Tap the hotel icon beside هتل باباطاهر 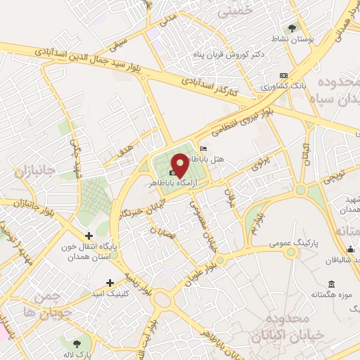[x=204, y=148]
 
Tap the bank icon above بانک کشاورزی [x=283, y=75]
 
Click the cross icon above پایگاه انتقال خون [x=88, y=236]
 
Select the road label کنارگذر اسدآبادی [x=210, y=86]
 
